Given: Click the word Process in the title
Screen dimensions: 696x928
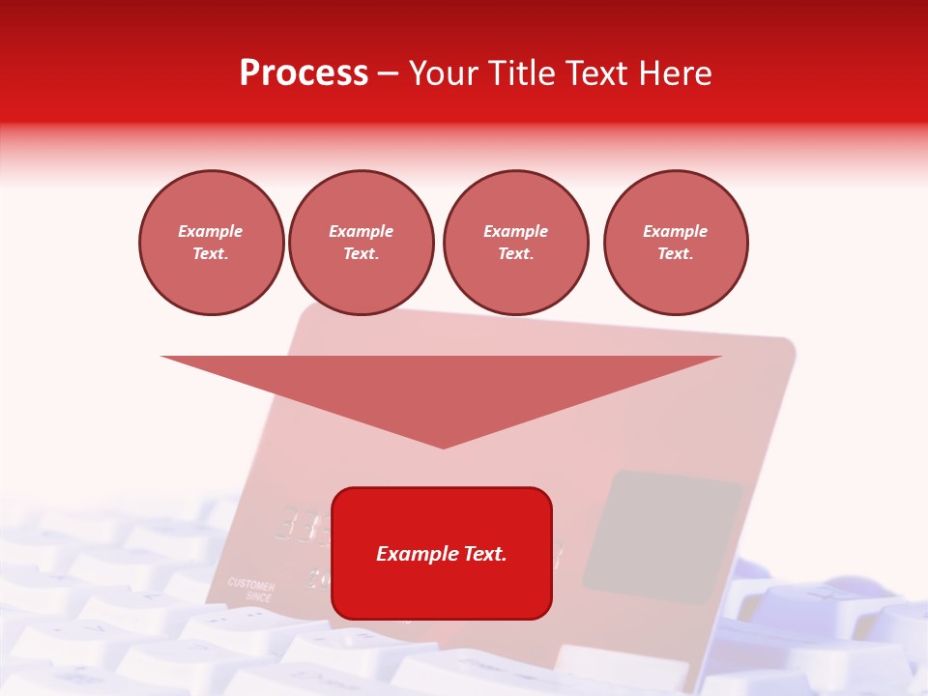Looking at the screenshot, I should pos(304,73).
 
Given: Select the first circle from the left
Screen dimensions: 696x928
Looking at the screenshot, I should pos(211,243).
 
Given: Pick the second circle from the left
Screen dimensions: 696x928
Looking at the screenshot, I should pos(361,243).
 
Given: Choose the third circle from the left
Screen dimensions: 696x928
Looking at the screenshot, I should pos(515,243).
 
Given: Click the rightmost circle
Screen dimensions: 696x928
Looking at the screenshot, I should pos(675,243).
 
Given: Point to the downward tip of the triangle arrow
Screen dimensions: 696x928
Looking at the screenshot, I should pos(443,446).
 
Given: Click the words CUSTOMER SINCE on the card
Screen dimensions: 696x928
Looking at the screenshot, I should pos(251,591).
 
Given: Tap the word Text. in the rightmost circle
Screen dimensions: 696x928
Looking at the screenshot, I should pos(675,254).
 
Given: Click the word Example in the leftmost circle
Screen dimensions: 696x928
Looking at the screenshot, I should pos(211,232).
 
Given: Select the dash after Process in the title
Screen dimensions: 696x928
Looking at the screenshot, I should pos(389,73).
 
